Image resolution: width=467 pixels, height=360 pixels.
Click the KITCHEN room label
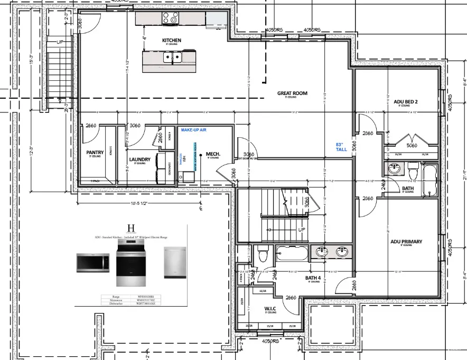click(171, 41)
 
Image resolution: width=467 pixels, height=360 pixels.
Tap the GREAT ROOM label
click(292, 93)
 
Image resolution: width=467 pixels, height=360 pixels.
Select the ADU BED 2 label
click(406, 101)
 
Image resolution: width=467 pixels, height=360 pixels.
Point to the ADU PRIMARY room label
click(406, 242)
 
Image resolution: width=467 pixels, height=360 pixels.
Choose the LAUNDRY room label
click(139, 159)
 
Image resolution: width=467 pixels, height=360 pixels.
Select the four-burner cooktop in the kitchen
click(170, 18)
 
